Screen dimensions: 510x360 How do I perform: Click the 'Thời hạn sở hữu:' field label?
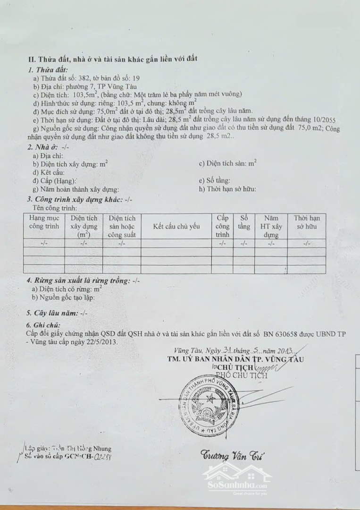click(x=227, y=189)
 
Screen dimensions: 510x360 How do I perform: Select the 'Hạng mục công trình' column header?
click(x=44, y=222)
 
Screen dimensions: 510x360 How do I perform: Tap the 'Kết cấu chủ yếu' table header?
click(x=176, y=226)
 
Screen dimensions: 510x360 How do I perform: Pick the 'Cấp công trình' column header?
click(x=222, y=226)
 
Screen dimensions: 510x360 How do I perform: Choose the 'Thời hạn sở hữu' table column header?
click(x=307, y=222)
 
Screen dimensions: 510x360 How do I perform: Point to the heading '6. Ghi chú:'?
click(x=44, y=325)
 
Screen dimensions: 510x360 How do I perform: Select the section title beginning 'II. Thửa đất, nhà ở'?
click(x=113, y=59)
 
